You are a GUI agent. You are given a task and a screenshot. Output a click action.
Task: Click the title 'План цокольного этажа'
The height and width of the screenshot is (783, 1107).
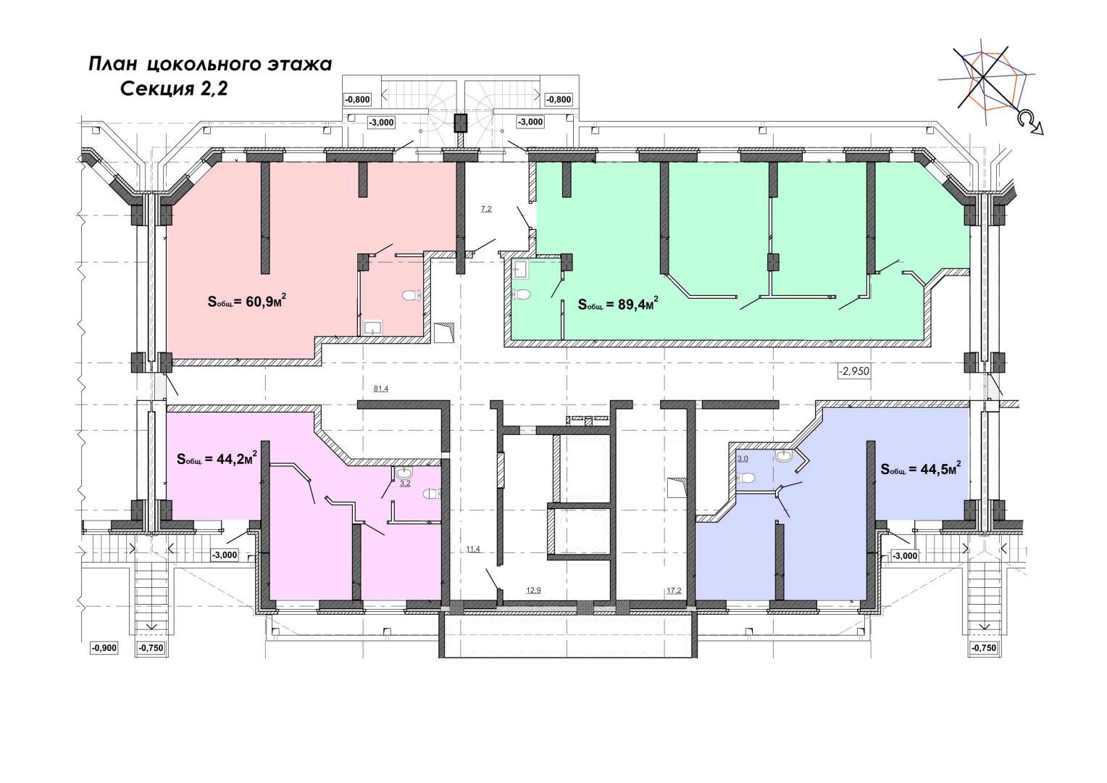click(x=210, y=65)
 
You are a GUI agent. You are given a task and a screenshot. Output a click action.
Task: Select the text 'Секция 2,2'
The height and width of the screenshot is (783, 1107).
click(x=174, y=89)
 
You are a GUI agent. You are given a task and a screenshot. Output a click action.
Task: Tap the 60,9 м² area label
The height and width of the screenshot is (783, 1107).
click(x=247, y=301)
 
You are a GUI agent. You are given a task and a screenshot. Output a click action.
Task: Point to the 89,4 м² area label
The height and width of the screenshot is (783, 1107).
click(x=618, y=303)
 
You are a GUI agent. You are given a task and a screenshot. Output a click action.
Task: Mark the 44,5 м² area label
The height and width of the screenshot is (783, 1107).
click(x=921, y=468)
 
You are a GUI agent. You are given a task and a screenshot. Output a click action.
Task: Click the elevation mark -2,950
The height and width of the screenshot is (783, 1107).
click(x=853, y=371)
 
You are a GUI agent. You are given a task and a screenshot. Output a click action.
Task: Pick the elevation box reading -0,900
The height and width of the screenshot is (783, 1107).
click(x=104, y=648)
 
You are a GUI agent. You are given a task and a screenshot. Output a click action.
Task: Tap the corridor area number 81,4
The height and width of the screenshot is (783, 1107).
click(x=380, y=389)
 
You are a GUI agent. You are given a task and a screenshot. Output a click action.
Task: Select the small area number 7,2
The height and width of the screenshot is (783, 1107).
click(x=486, y=210)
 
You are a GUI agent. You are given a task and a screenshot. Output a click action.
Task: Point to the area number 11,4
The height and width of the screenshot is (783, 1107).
click(x=473, y=549)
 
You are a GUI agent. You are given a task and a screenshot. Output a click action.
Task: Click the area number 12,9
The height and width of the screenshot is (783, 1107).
click(x=533, y=590)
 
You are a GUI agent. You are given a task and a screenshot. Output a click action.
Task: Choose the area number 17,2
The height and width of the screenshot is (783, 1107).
click(x=674, y=590)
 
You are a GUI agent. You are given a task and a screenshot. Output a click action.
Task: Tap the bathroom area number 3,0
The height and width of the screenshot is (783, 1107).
click(x=743, y=458)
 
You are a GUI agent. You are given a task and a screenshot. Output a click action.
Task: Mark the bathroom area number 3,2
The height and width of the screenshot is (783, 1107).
click(x=405, y=484)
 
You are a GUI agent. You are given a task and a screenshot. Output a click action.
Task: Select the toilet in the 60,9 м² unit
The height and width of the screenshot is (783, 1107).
click(x=412, y=295)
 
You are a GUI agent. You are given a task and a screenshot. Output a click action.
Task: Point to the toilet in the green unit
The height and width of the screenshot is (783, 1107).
click(x=522, y=294)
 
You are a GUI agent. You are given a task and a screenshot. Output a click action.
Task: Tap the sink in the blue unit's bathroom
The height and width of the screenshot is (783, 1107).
click(x=784, y=455)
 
